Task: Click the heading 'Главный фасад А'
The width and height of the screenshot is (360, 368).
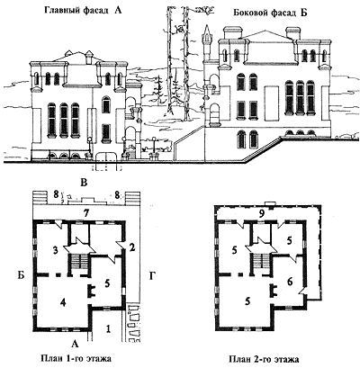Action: [83, 11]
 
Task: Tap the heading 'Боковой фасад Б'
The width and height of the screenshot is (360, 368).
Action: [270, 13]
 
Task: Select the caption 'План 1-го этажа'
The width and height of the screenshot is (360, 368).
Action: [76, 358]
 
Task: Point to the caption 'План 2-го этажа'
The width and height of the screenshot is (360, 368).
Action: [264, 359]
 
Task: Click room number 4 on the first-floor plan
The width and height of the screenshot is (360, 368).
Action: [63, 302]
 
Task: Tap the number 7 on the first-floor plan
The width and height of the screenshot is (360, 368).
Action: [86, 213]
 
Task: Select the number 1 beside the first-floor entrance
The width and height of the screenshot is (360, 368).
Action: [108, 329]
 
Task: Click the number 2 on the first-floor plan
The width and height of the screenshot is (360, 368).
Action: [131, 247]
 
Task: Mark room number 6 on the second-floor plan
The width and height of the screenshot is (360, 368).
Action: [290, 282]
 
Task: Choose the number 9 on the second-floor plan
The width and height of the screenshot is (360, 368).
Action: [261, 213]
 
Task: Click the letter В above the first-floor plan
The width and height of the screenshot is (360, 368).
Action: [84, 183]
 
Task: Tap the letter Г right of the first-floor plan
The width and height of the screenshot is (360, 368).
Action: [151, 275]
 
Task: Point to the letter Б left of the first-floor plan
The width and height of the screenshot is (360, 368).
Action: [21, 275]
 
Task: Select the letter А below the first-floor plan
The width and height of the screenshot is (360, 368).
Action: [76, 345]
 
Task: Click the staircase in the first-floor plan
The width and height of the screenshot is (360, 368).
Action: [80, 263]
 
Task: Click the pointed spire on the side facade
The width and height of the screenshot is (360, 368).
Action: [207, 33]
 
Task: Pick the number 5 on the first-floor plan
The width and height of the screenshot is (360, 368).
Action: [107, 283]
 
